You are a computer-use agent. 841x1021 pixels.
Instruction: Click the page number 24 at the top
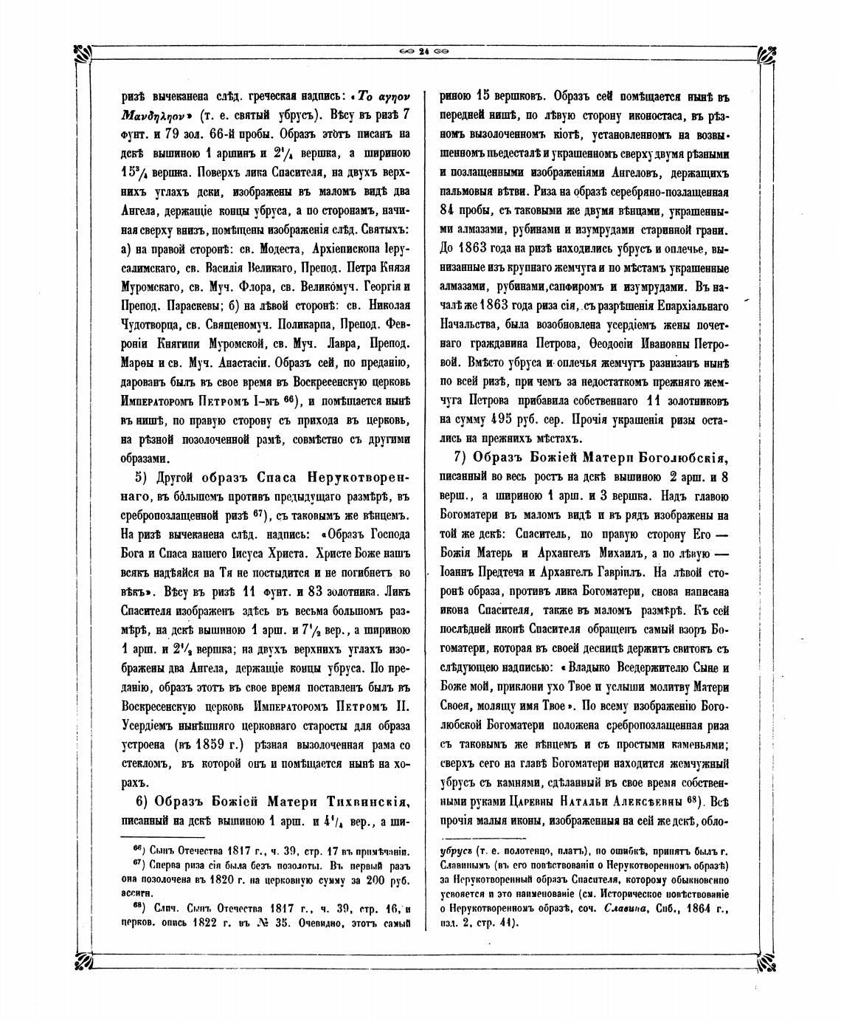[423, 51]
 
